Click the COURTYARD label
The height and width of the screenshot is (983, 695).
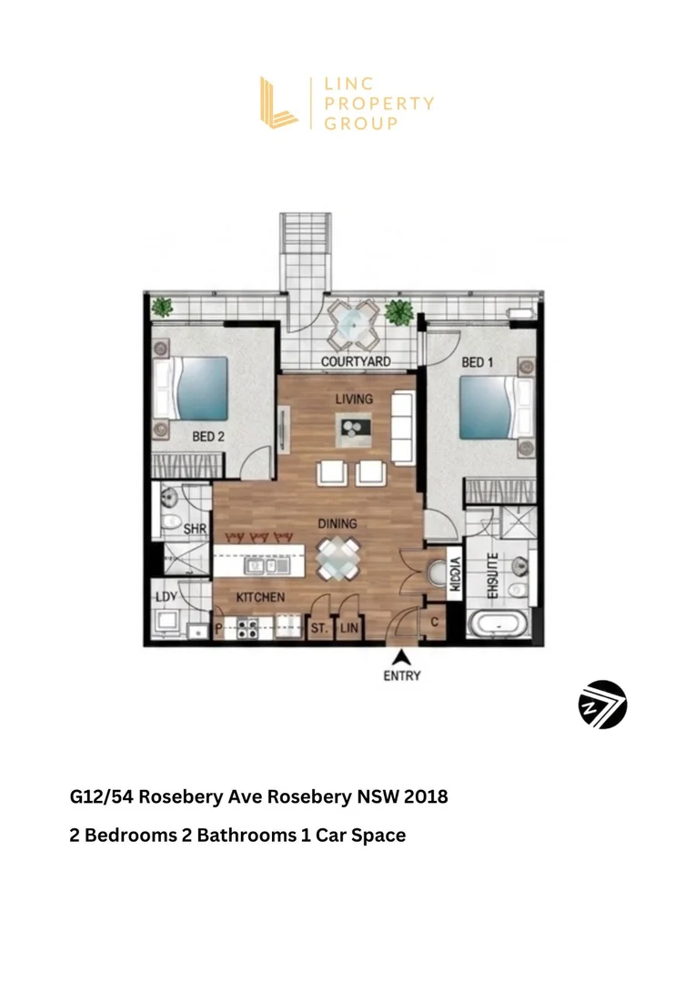coord(356,361)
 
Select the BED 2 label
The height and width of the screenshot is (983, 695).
coord(208,436)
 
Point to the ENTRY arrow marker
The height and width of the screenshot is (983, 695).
coord(402,657)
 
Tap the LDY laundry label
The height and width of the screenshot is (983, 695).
coord(166,596)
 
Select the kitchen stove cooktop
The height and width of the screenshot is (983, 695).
coord(247,627)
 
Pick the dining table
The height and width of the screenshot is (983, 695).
coord(337,559)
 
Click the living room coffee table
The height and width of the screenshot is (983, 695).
coord(354,430)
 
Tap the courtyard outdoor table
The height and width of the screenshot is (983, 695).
coord(355,326)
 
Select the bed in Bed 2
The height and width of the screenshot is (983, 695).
coord(190,389)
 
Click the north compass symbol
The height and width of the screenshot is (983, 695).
coord(602,704)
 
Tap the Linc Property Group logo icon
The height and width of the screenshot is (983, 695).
coord(277,103)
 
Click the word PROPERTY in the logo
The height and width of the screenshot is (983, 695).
coord(379,104)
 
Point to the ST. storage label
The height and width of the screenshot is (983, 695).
coord(319,627)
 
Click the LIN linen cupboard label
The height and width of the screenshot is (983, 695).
coord(349,627)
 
